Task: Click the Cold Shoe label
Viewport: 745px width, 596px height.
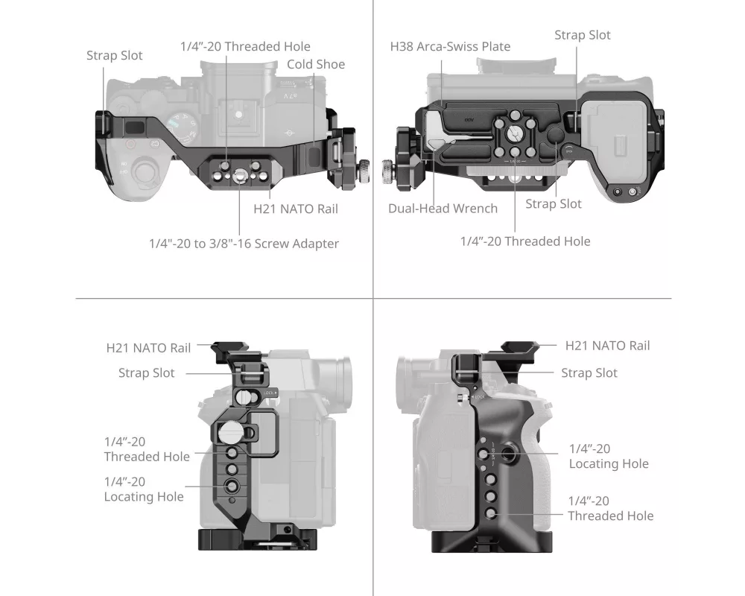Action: tap(316, 64)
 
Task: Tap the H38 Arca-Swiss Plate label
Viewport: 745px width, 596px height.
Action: tap(450, 47)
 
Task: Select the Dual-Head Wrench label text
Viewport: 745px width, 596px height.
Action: tap(443, 208)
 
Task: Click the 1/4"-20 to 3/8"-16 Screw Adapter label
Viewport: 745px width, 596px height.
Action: tap(244, 244)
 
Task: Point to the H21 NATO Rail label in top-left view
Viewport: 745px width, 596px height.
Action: tap(296, 209)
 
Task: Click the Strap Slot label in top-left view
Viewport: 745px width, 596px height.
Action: tap(115, 55)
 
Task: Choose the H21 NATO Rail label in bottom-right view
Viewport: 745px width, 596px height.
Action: tap(607, 346)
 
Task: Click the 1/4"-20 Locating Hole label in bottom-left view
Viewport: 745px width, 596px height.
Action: tap(144, 489)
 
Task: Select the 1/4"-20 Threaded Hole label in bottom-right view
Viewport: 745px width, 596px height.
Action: tap(611, 508)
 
